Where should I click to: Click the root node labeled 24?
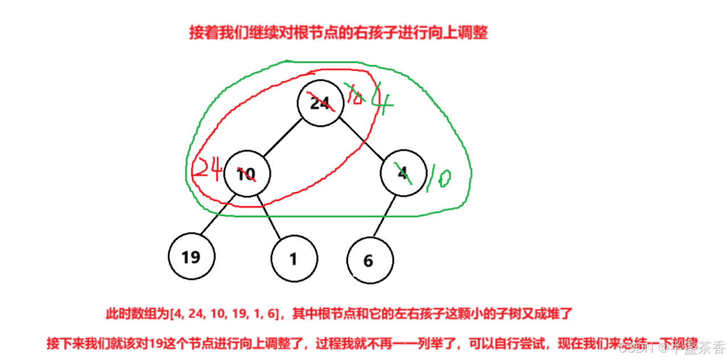[x=320, y=103]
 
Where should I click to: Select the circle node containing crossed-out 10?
[x=246, y=174]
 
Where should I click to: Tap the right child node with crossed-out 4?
[x=403, y=174]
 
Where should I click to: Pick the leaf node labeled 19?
[x=192, y=256]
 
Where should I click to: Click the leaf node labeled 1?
[x=293, y=259]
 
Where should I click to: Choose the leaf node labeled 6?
[x=369, y=260]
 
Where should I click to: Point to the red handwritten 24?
[x=208, y=169]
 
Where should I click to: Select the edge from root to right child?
[x=363, y=140]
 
